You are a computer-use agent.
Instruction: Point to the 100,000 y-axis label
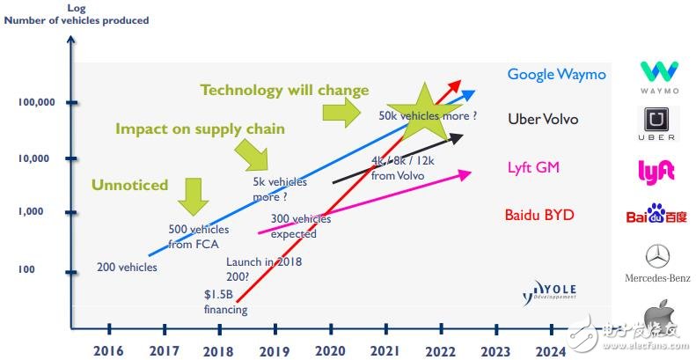tap(37, 103)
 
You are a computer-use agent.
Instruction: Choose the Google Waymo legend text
tap(556, 75)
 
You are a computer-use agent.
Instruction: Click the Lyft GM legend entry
tap(533, 167)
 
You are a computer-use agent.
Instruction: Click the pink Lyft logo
tap(656, 171)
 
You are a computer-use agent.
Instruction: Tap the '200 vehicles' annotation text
tap(127, 267)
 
